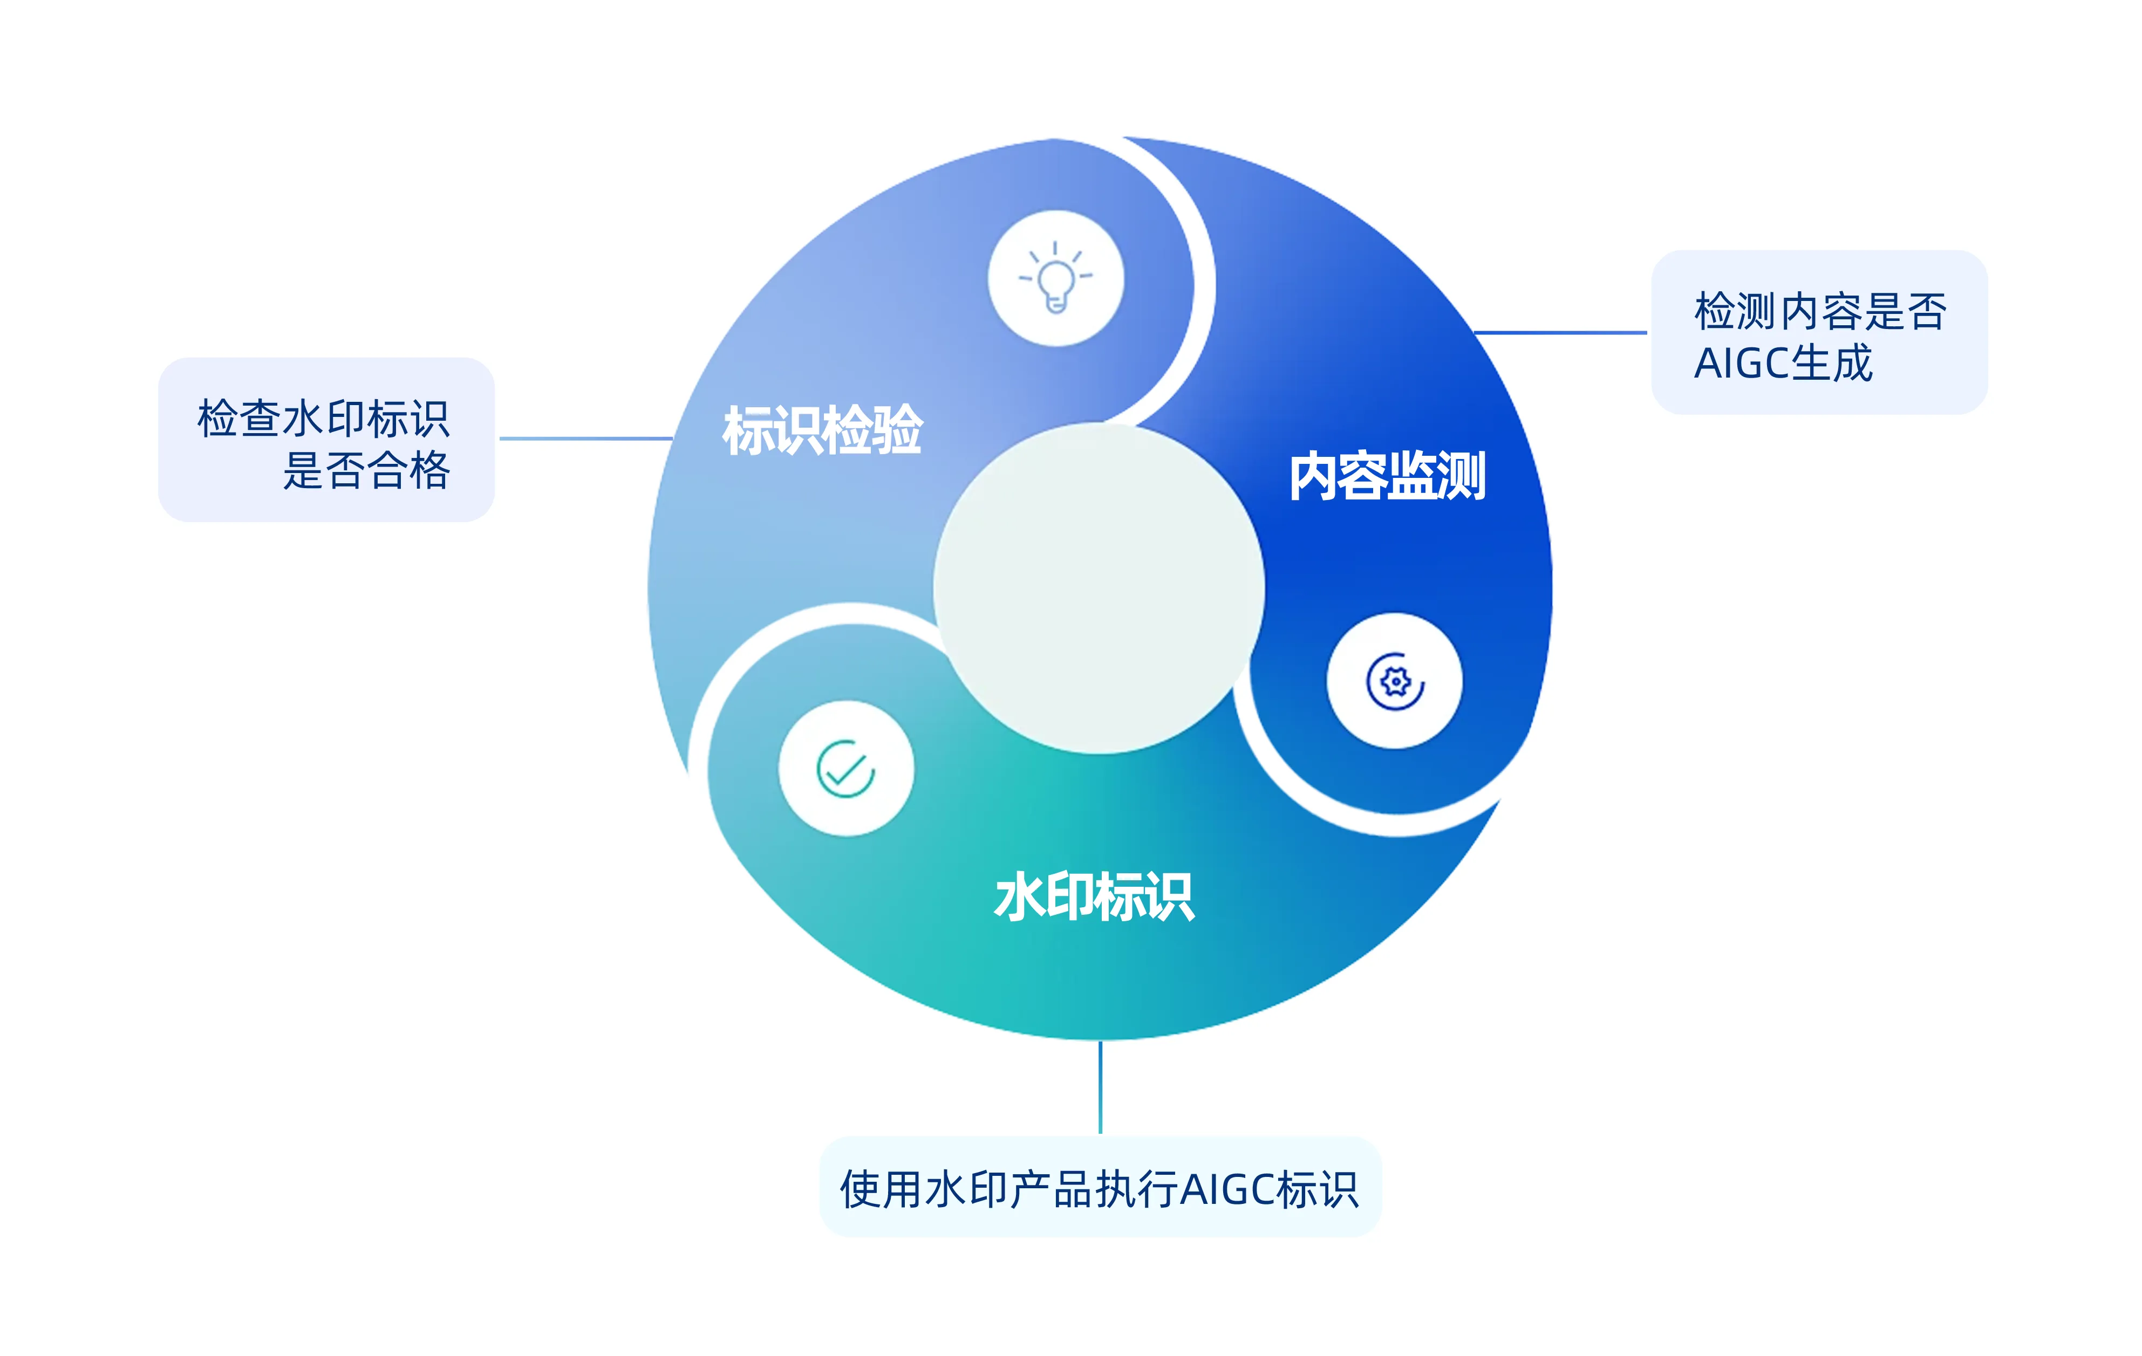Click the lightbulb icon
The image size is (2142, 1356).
click(1056, 278)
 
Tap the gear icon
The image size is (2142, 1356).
click(1394, 681)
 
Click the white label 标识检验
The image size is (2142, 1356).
click(823, 430)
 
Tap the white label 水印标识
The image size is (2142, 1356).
click(1094, 896)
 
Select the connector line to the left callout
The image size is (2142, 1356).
click(585, 439)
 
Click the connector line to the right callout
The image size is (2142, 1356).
click(1560, 333)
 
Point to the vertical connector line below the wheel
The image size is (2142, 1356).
click(1100, 1086)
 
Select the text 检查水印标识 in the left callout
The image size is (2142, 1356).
click(324, 418)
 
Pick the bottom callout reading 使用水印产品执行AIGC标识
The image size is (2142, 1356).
click(1100, 1188)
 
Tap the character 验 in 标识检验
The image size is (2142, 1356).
click(898, 430)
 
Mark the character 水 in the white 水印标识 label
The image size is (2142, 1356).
click(1019, 896)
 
